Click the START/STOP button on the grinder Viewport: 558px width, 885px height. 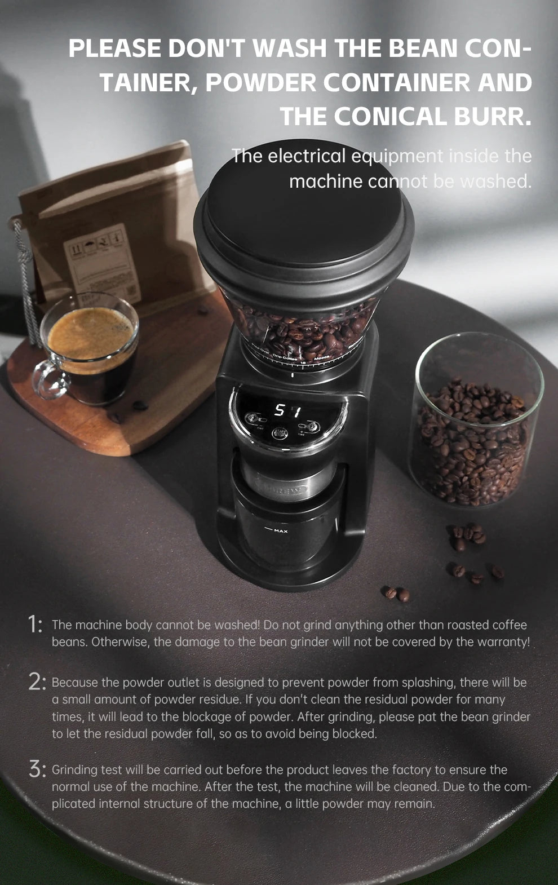(280, 433)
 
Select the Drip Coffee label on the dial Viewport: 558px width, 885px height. (285, 357)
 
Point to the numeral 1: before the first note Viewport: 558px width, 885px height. (35, 624)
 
